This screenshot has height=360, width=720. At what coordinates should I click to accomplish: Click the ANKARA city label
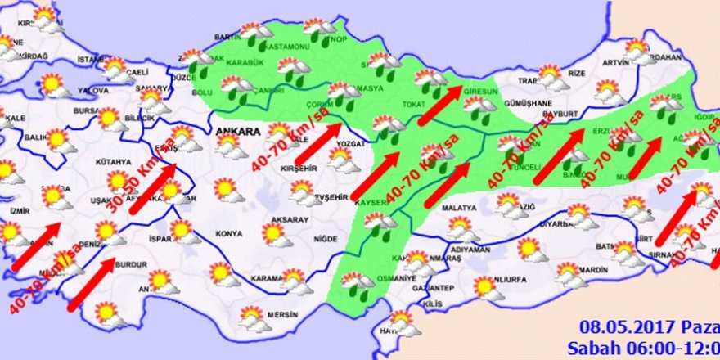coord(237,131)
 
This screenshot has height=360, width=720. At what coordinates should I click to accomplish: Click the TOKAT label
coord(412,105)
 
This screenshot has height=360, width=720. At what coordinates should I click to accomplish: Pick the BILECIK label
coord(135,118)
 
